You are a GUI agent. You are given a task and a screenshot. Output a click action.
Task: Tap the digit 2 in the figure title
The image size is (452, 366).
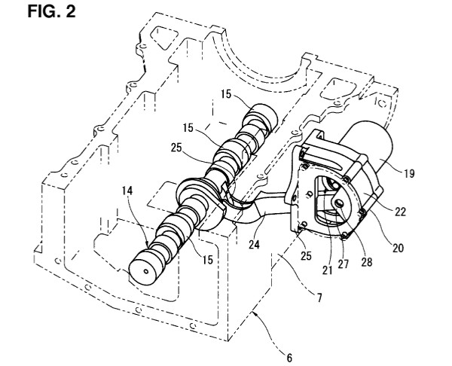[71, 11]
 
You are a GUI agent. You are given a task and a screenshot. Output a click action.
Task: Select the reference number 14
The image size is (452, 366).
[127, 191]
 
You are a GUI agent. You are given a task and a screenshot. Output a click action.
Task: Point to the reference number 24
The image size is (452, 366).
[254, 245]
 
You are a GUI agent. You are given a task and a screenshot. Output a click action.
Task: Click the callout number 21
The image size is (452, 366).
[327, 270]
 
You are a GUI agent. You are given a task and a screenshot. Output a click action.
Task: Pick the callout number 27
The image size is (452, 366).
[343, 264]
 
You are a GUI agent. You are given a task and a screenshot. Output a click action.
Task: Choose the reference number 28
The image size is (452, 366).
[366, 261]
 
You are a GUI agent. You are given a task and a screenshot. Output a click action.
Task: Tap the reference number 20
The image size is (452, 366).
[398, 248]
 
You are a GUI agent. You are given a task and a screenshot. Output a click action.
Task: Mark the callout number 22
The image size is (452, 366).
[400, 212]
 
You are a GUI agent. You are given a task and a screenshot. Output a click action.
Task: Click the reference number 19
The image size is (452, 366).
[409, 173]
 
